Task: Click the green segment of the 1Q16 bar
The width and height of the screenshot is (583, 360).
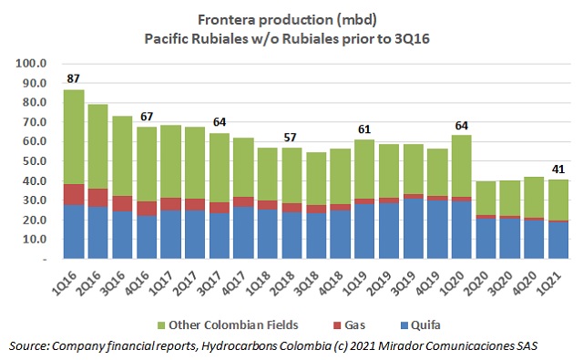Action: [x=75, y=137]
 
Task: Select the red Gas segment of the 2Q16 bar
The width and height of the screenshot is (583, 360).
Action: [x=98, y=198]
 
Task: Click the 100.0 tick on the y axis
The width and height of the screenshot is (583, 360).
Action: [x=32, y=64]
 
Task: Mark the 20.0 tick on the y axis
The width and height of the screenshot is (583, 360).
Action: [x=34, y=220]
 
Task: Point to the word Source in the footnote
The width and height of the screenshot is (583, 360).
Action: [x=27, y=347]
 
